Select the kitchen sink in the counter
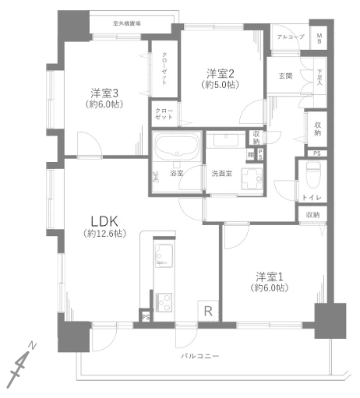pos(164,255)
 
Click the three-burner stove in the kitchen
pos(164,301)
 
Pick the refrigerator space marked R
pos(207,310)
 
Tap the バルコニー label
pos(200,355)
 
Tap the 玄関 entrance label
pos(284,75)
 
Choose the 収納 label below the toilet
pos(312,214)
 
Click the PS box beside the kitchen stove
pos(146,316)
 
